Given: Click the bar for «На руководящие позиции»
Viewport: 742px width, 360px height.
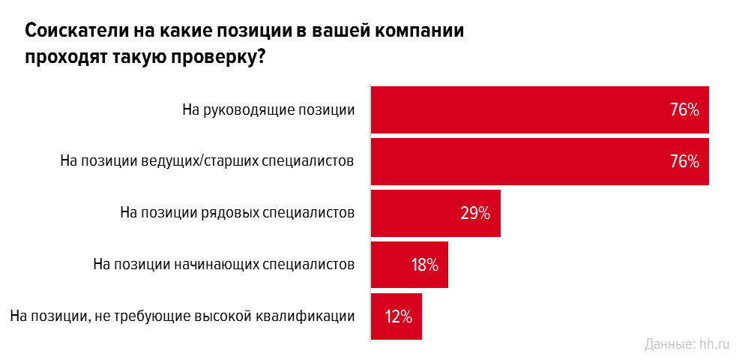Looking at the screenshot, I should point(525,109).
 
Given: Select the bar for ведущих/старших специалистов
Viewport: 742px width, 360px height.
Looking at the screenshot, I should point(525,161).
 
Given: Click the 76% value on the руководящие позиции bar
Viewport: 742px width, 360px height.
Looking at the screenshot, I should point(684,110).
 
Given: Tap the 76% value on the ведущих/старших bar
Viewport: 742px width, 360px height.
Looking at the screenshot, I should point(684,161).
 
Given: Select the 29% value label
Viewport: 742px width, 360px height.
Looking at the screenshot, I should point(475,213).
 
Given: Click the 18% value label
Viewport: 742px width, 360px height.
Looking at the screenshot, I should point(424,265).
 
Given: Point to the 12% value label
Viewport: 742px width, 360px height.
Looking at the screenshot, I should point(399,316).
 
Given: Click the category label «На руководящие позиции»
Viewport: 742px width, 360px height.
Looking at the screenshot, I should point(268,109).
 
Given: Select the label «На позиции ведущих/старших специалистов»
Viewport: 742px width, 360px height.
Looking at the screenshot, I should point(206,161).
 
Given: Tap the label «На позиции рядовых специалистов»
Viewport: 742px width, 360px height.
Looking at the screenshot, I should point(237,212).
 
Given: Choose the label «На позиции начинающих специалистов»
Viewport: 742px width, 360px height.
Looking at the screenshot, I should point(223,264).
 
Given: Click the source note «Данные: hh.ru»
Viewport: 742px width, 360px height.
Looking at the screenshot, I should point(687,344).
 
